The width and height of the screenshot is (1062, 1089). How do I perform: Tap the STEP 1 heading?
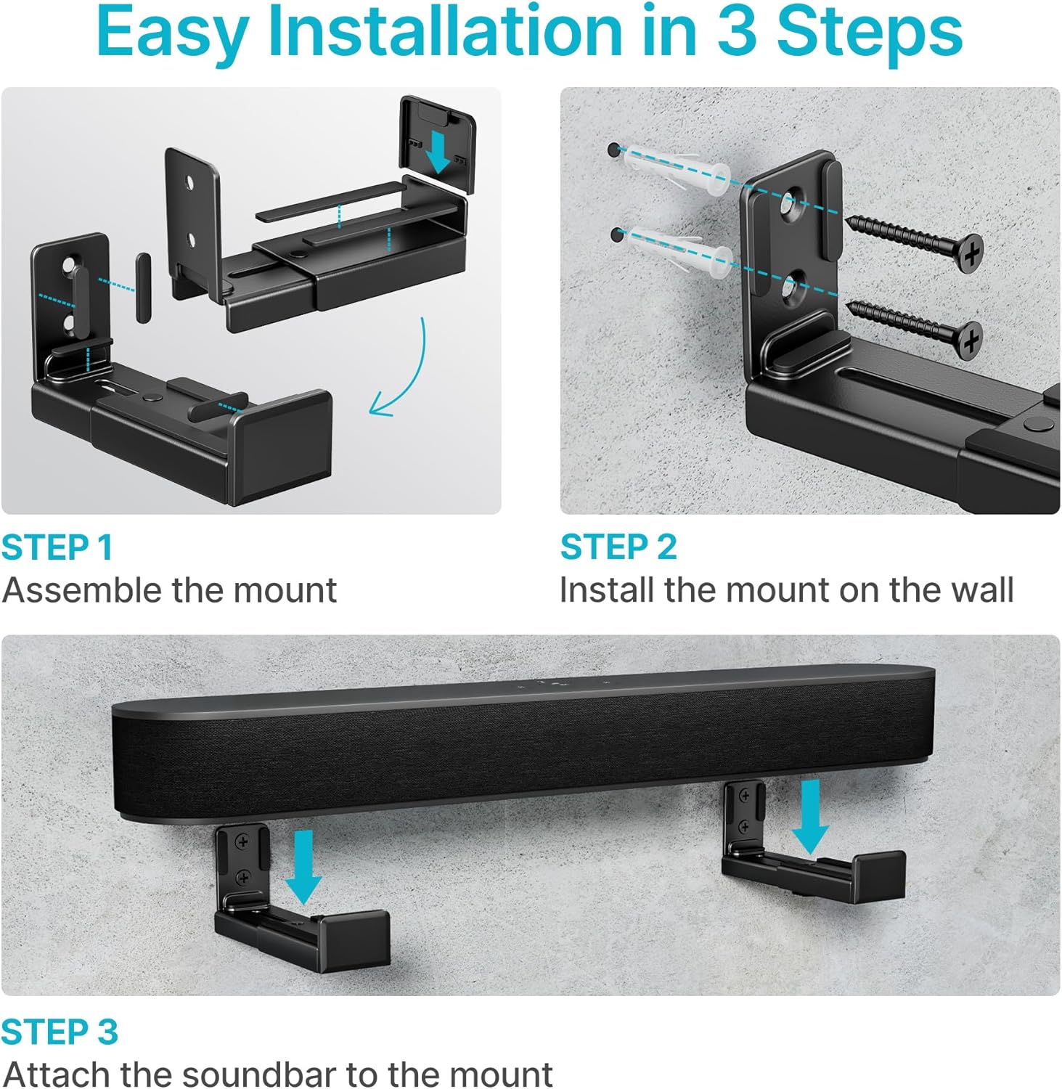click(x=57, y=547)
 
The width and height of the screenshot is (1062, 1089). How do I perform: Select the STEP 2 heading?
click(x=618, y=547)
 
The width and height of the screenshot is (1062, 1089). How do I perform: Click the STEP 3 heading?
click(x=59, y=1032)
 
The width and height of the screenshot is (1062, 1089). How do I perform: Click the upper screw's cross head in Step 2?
click(x=970, y=252)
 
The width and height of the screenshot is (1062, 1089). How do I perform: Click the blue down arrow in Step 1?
click(x=438, y=151)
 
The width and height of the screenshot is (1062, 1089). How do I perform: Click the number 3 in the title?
click(x=738, y=32)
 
